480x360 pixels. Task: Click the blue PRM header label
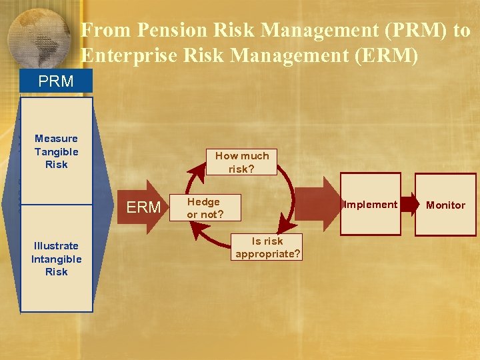56,82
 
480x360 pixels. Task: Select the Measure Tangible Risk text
56,151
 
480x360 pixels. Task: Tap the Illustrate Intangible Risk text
56,259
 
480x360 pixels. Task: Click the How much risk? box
241,162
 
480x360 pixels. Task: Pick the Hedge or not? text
205,208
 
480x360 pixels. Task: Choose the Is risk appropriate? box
267,247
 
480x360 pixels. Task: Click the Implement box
371,205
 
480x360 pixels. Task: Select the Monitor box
445,205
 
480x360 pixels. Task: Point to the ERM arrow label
143,207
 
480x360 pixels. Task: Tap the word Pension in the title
168,31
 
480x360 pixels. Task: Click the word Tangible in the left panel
56,151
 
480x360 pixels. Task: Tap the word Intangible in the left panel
56,259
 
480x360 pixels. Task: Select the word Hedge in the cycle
203,202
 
